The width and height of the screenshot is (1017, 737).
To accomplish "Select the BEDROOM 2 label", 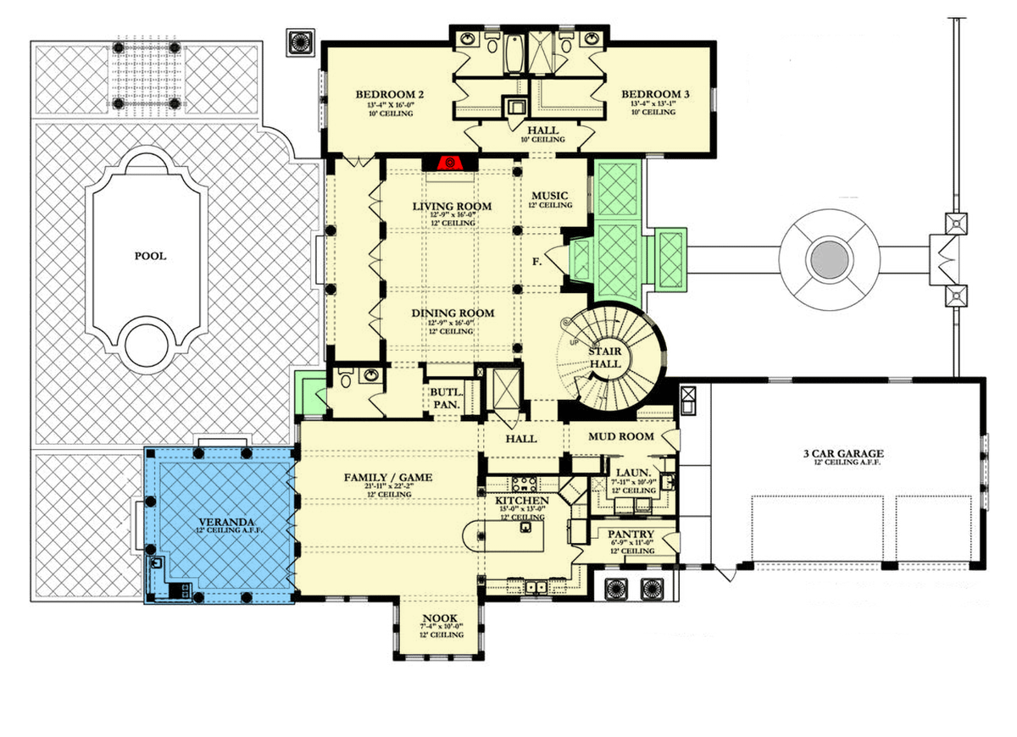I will tap(390, 94).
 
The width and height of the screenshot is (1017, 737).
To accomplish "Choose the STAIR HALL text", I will tap(606, 357).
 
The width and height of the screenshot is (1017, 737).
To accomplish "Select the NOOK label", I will tap(442, 618).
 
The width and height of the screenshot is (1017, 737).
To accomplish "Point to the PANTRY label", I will tap(632, 534).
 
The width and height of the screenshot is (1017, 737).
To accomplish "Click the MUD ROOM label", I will tap(623, 436).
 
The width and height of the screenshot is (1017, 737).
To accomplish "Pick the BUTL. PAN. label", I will tap(446, 399).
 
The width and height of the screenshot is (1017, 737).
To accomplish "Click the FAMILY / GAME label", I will tap(387, 478).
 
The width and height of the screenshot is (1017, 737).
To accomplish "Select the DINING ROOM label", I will tap(453, 313).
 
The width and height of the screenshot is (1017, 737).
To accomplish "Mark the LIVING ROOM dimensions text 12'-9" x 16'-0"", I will tap(453, 216).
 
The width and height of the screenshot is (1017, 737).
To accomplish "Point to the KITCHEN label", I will tap(522, 501).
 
